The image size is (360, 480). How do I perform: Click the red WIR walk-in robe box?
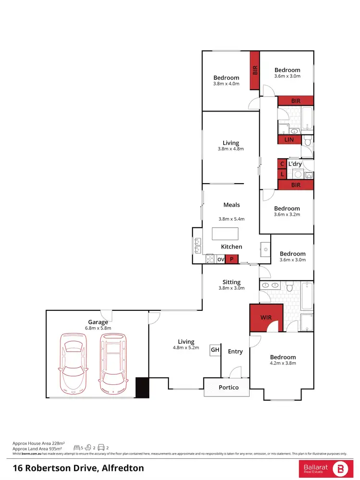click(x=266, y=318)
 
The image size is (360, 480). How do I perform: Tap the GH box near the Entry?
click(x=215, y=350)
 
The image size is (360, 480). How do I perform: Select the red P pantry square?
click(x=232, y=259)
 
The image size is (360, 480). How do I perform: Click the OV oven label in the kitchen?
click(x=221, y=259)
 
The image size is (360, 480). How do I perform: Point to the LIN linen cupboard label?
click(x=289, y=140)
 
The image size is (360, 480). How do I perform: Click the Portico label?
click(x=228, y=387)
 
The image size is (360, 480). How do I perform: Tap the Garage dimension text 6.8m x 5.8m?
click(x=97, y=328)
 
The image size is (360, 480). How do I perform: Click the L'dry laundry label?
click(x=295, y=164)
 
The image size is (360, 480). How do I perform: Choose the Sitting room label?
click(x=231, y=282)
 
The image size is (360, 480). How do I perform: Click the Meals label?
click(x=231, y=205)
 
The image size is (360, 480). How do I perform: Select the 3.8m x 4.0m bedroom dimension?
click(x=226, y=84)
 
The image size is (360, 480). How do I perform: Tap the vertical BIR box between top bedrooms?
click(x=255, y=70)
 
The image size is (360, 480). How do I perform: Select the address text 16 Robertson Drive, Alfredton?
click(x=78, y=468)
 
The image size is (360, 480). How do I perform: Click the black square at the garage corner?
click(x=143, y=387)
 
